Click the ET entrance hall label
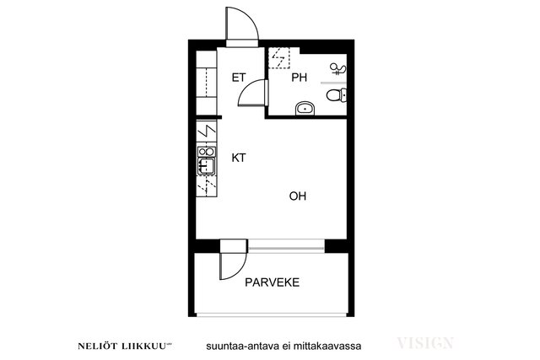[239, 78]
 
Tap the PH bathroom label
[299, 78]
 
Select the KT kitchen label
[239, 158]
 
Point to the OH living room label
[298, 196]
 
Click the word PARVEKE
[272, 282]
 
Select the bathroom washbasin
[305, 109]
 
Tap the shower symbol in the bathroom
[337, 69]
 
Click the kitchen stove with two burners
[206, 152]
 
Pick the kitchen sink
[206, 166]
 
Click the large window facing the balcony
[286, 246]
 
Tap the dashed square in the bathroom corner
[279, 58]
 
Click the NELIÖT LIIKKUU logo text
[124, 346]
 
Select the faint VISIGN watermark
[425, 343]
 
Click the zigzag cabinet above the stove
[206, 131]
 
